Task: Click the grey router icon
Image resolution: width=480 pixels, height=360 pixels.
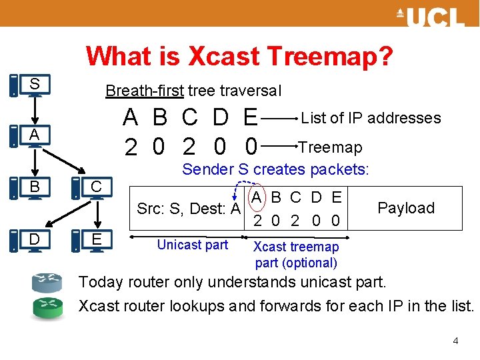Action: pyautogui.click(x=47, y=283)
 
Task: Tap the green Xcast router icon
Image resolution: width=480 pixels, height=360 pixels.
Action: pyautogui.click(x=47, y=307)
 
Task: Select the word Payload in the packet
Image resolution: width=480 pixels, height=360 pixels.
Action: pyautogui.click(x=405, y=208)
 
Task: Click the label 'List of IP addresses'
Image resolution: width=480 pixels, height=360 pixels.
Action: pyautogui.click(x=371, y=118)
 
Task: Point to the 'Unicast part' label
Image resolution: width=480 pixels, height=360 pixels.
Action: pyautogui.click(x=192, y=245)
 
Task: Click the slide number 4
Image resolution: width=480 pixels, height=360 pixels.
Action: pyautogui.click(x=455, y=341)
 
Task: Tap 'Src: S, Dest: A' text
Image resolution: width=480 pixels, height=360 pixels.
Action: pyautogui.click(x=188, y=209)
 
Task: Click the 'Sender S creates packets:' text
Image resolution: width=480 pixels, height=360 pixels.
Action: pyautogui.click(x=275, y=169)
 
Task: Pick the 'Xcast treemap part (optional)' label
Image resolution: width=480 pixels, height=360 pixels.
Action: pyautogui.click(x=296, y=255)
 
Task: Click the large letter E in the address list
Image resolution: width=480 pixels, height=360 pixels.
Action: pyautogui.click(x=251, y=118)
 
